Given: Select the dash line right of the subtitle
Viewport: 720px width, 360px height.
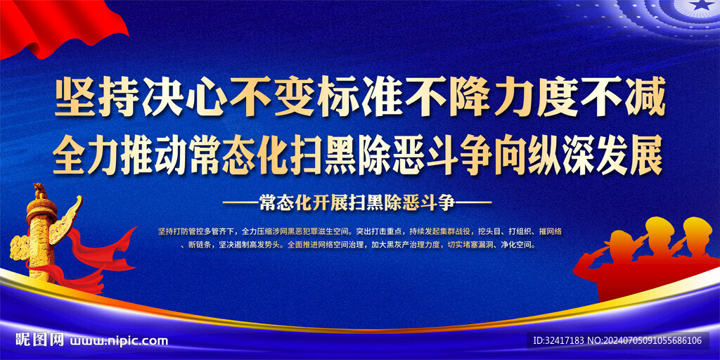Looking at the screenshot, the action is [473, 202].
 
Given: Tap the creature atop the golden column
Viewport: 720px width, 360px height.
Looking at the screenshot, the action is [40, 189].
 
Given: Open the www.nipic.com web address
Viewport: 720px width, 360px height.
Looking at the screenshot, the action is [118, 341].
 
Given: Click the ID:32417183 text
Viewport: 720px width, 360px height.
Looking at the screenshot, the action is [558, 341].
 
